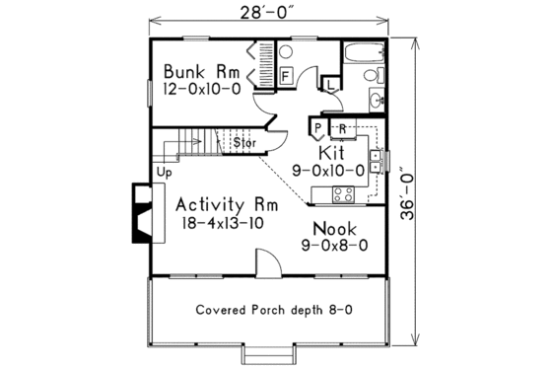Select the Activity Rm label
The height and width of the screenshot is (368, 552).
[228, 204]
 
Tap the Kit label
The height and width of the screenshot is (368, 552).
[331, 154]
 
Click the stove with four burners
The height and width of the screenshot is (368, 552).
[344, 193]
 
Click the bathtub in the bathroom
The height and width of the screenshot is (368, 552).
[364, 54]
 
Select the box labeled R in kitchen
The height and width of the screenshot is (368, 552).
[341, 128]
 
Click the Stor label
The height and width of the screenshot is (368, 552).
[244, 142]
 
